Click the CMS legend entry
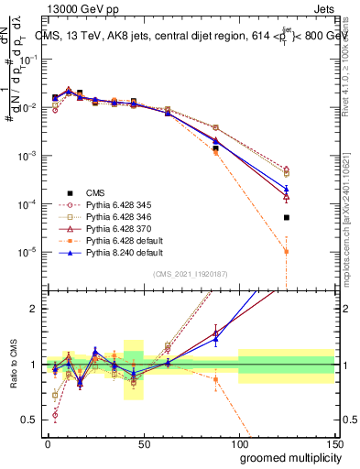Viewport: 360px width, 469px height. pyautogui.click(x=95, y=191)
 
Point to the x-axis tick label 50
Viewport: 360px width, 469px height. pyautogui.click(x=143, y=443)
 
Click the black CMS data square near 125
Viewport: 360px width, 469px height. pyautogui.click(x=287, y=217)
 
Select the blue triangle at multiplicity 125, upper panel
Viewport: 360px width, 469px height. pyautogui.click(x=287, y=188)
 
